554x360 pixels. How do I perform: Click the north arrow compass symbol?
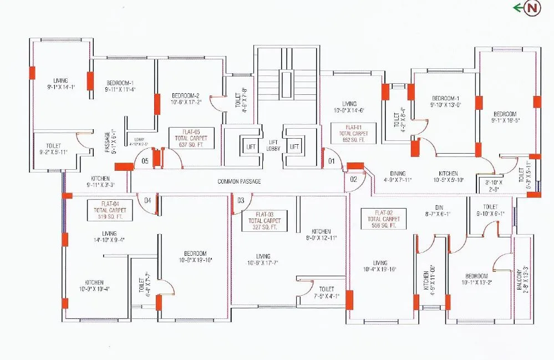pos(532,8)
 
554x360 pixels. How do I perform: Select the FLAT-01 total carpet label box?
pos(353,134)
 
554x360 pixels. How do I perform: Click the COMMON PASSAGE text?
pos(239,181)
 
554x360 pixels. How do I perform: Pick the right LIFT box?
pos(294,146)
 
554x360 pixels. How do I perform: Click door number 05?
pos(144,161)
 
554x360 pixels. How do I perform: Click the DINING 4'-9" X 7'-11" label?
pos(398,176)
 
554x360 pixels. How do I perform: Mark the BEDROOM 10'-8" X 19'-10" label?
pos(195,256)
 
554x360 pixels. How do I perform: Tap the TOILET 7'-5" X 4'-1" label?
pos(326,292)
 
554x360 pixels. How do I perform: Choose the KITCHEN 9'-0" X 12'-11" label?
pos(321,235)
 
